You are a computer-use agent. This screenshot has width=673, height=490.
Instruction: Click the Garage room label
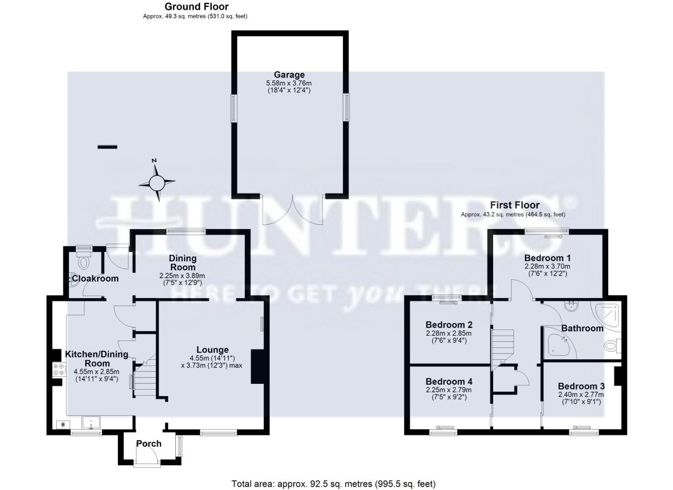tap(289, 75)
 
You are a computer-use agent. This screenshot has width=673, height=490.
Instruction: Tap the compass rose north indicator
tap(157, 183)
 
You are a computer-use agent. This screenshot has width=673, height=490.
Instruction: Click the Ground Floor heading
tap(196, 6)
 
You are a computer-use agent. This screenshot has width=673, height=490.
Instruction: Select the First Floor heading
tap(514, 205)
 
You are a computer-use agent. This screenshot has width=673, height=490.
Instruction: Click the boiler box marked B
tap(63, 425)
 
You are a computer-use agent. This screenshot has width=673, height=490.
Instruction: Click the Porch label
tap(149, 443)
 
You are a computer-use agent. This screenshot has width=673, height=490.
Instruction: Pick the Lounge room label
tap(212, 350)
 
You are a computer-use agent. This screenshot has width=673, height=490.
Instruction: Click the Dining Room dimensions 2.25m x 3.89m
tap(182, 276)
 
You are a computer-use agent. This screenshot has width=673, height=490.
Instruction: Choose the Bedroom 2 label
tap(449, 325)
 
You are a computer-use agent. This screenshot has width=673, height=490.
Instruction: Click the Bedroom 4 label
tap(449, 382)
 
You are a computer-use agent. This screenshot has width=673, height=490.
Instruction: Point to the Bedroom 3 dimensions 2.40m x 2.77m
tap(581, 395)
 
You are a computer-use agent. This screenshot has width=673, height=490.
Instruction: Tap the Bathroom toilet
tap(612, 347)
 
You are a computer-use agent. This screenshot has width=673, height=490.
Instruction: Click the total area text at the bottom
tap(333, 484)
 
